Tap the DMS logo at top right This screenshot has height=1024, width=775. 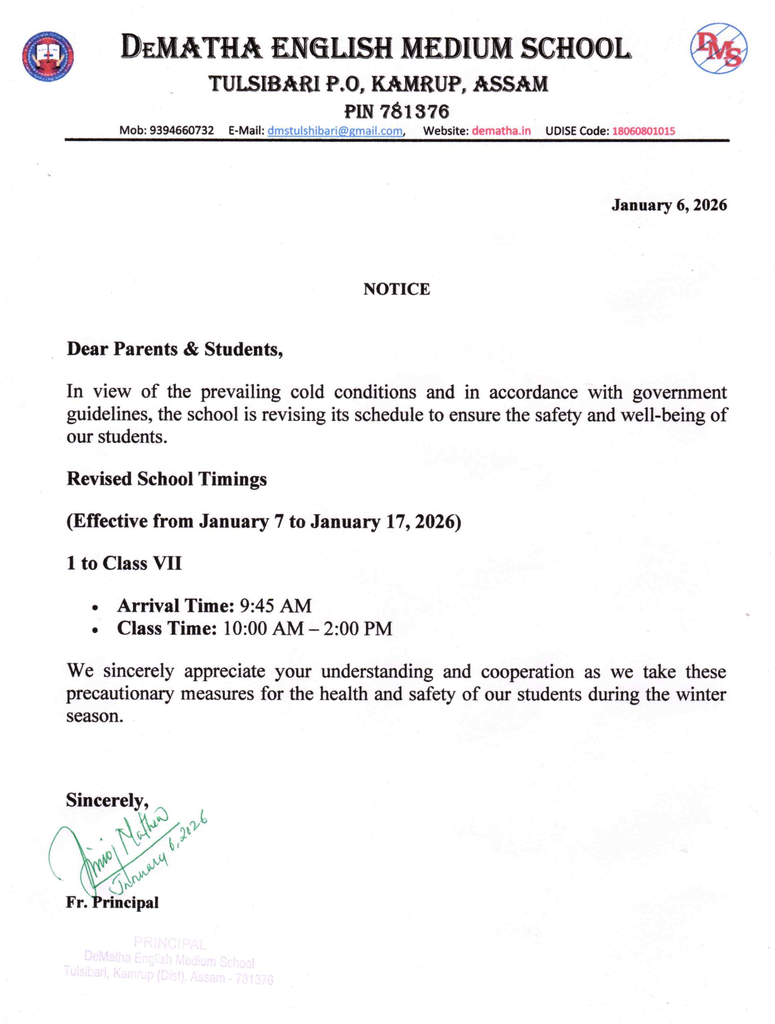pyautogui.click(x=718, y=49)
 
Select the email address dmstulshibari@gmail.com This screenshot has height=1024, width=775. pyautogui.click(x=335, y=131)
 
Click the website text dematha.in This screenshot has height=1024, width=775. pyautogui.click(x=501, y=131)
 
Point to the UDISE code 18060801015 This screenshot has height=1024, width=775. pyautogui.click(x=643, y=131)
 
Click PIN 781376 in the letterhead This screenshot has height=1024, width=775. pyautogui.click(x=396, y=112)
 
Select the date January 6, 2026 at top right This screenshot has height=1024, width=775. pyautogui.click(x=669, y=205)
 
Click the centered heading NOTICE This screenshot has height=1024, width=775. pyautogui.click(x=396, y=289)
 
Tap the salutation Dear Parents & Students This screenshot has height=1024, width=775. pyautogui.click(x=174, y=349)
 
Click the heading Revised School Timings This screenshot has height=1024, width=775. pyautogui.click(x=167, y=479)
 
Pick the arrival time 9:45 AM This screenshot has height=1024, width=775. pyautogui.click(x=275, y=606)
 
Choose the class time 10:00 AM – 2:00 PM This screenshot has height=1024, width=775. pyautogui.click(x=308, y=629)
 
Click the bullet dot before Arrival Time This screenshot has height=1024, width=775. pyautogui.click(x=94, y=608)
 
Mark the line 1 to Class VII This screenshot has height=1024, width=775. pyautogui.click(x=124, y=563)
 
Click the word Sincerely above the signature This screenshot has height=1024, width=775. pyautogui.click(x=106, y=800)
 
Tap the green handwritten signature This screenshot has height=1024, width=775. pyautogui.click(x=127, y=849)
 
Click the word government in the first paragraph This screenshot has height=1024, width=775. pyautogui.click(x=679, y=392)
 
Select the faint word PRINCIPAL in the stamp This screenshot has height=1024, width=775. pyautogui.click(x=170, y=944)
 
